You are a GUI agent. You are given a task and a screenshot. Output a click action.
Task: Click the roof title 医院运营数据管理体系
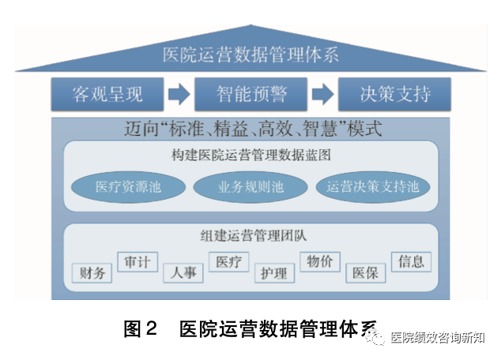click(x=250, y=55)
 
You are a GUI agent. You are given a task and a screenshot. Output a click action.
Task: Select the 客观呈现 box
click(x=107, y=95)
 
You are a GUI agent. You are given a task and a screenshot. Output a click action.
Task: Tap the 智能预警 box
click(x=250, y=95)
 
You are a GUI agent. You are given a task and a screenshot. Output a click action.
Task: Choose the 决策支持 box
click(x=394, y=95)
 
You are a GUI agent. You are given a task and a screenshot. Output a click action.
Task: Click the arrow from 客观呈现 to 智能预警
click(x=179, y=95)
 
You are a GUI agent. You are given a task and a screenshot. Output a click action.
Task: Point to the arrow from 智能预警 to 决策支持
click(x=322, y=95)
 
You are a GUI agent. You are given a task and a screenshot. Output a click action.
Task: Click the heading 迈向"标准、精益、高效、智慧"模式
click(x=250, y=128)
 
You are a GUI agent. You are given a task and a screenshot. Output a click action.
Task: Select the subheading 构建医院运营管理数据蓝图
click(x=250, y=155)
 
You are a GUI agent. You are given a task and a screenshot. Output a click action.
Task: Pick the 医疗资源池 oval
click(x=129, y=187)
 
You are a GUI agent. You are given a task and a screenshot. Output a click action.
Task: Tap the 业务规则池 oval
click(x=250, y=187)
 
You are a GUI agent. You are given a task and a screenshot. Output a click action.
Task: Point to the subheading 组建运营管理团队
click(x=250, y=234)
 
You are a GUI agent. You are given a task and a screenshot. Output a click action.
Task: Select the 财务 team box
click(x=92, y=273)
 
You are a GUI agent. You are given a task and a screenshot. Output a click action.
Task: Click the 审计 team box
click(x=137, y=261)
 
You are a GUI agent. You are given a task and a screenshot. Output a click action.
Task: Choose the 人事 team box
click(x=183, y=273)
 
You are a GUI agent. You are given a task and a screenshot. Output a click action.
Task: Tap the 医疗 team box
click(x=229, y=261)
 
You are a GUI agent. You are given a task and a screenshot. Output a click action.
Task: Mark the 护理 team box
click(x=275, y=273)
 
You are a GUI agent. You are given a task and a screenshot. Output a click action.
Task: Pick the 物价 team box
click(x=320, y=261)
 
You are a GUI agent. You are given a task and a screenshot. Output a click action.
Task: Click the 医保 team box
click(x=366, y=273)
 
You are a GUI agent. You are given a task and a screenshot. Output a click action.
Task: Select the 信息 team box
click(x=411, y=261)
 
